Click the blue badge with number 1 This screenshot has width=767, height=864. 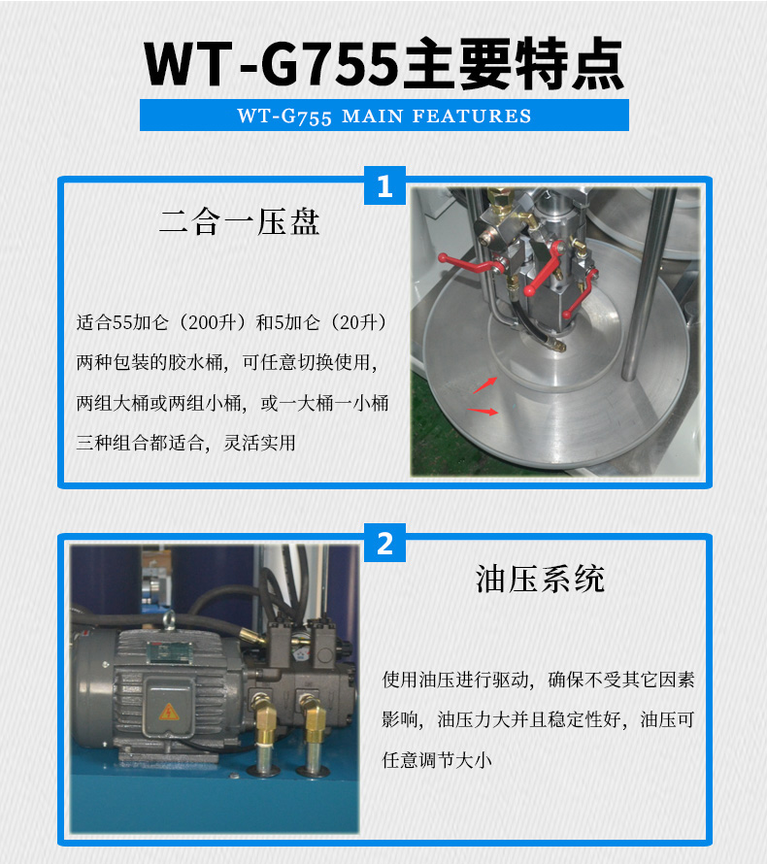[x=384, y=184]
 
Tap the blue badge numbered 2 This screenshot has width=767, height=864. [x=384, y=543]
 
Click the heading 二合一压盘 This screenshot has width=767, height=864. [x=239, y=222]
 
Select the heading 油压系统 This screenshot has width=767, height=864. [x=540, y=579]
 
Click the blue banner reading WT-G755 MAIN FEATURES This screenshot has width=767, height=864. [x=384, y=116]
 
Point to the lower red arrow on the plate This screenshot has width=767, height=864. [x=484, y=412]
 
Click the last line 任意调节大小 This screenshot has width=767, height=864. [x=438, y=760]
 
